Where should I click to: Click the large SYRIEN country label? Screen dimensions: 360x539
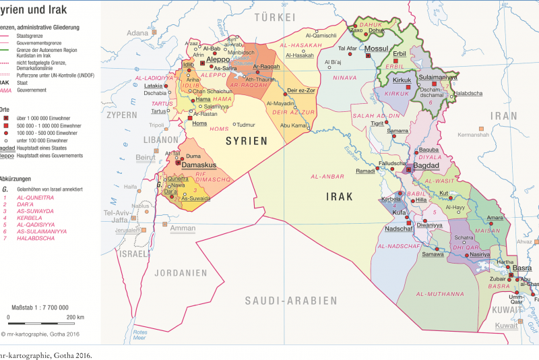point(246,141)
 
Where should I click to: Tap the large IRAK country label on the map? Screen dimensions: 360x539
point(340,197)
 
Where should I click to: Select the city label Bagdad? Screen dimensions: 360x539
point(426,165)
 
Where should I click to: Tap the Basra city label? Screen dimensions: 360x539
point(521,268)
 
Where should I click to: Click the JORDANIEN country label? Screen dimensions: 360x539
point(180,273)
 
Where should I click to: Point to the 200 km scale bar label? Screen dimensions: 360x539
point(75,317)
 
